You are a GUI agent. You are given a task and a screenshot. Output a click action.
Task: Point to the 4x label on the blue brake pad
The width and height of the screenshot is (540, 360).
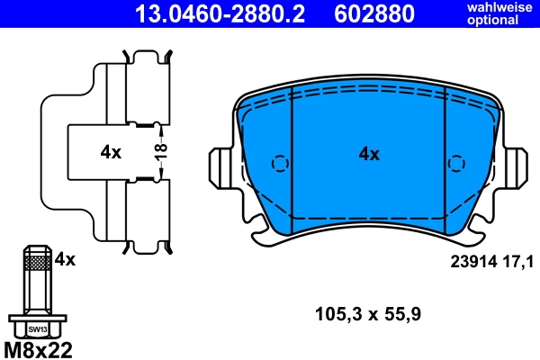(x=369, y=154)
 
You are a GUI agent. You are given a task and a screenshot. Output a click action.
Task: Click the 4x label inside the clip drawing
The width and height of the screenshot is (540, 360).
(x=111, y=153)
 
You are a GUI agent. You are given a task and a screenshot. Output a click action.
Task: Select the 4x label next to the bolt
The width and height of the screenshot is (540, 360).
(x=66, y=259)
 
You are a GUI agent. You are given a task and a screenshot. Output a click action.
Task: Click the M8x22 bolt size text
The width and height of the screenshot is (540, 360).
(x=38, y=348)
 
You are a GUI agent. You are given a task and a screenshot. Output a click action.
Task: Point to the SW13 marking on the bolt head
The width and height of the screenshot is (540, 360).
(x=37, y=329)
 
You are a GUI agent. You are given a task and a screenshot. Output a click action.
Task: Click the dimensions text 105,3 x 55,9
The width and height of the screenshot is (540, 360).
(x=368, y=314)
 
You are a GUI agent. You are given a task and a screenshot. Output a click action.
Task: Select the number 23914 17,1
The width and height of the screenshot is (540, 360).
(x=491, y=262)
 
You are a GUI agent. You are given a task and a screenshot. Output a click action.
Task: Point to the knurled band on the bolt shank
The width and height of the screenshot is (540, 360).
(x=37, y=262)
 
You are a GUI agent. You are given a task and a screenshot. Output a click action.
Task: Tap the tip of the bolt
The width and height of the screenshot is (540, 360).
(x=37, y=247)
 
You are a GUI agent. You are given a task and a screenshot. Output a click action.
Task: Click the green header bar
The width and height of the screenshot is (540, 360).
(x=270, y=13)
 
